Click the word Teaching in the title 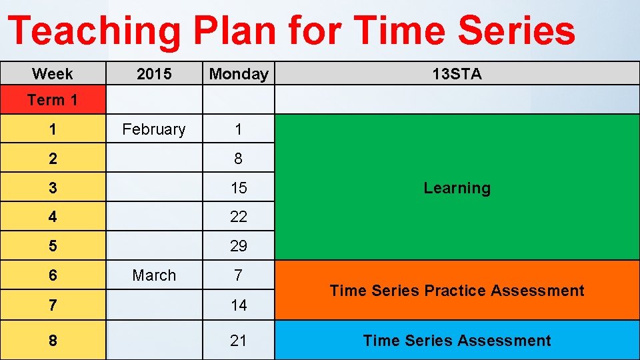(x=93, y=31)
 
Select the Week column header (x=53, y=74)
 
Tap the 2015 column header (x=154, y=74)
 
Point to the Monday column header (x=239, y=74)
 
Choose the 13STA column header (x=457, y=74)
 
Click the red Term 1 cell (x=53, y=100)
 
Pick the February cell (x=154, y=129)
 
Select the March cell (x=154, y=275)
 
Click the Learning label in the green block (x=457, y=188)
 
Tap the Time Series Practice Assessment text (x=457, y=291)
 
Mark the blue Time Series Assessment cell (x=457, y=341)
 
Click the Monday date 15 (x=239, y=188)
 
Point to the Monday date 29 (x=239, y=246)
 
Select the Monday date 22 (x=239, y=217)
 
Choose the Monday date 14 (x=239, y=305)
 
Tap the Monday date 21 (x=239, y=341)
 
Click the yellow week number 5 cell (x=53, y=246)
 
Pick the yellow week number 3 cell (x=53, y=188)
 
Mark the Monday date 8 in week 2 (x=239, y=159)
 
